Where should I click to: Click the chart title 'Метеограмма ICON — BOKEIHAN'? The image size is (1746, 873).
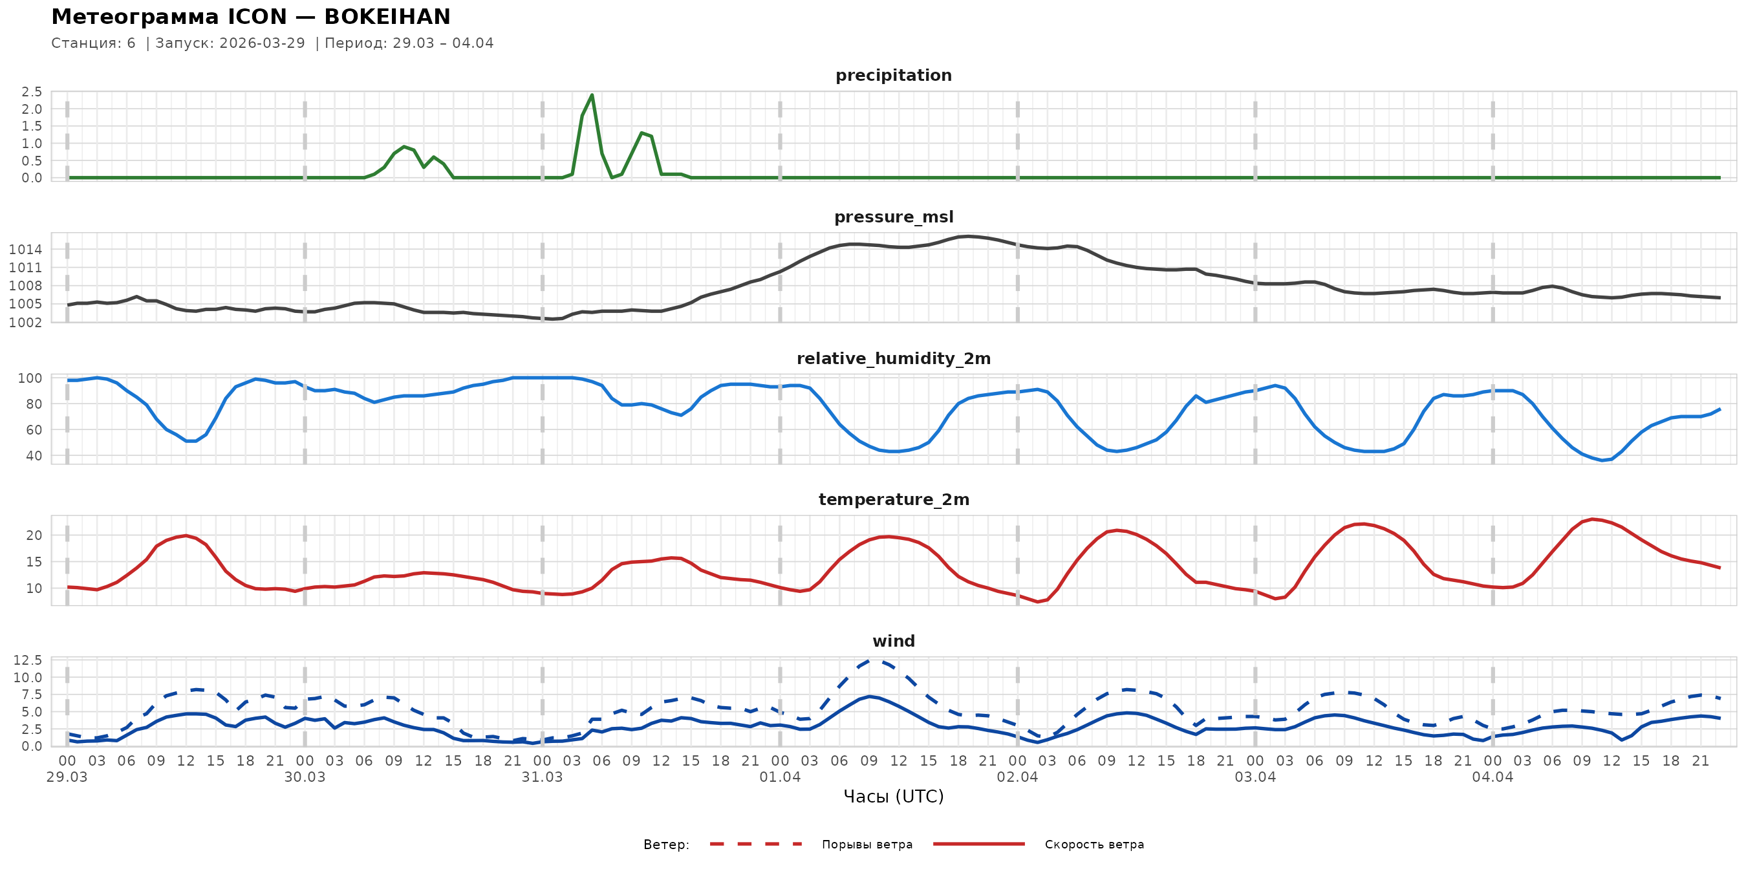point(251,17)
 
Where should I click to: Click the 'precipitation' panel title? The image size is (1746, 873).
point(893,75)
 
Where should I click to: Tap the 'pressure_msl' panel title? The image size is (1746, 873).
point(893,217)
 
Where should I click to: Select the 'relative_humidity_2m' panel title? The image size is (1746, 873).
point(893,358)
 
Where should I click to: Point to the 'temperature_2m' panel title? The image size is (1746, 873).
point(893,499)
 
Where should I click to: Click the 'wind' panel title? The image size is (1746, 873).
point(893,641)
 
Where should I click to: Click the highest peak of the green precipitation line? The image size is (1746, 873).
point(592,95)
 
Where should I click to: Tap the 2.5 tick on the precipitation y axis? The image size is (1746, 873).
point(32,91)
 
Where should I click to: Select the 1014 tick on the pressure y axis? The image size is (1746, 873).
point(26,250)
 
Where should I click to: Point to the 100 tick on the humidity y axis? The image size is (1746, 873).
point(30,378)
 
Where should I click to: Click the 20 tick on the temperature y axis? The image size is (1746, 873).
point(34,535)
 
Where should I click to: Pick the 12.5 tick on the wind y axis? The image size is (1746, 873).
point(28,660)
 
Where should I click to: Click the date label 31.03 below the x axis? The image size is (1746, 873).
point(543,777)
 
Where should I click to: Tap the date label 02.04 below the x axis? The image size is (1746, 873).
point(1017,777)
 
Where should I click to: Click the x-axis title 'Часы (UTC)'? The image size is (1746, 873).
point(893,797)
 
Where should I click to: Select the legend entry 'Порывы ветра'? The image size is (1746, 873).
point(867,845)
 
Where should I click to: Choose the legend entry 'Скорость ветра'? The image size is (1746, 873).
point(1094,845)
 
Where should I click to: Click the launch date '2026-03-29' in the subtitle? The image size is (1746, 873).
point(263,43)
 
